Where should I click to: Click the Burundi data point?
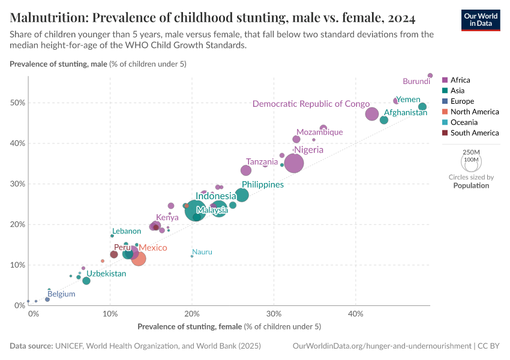tap(430, 76)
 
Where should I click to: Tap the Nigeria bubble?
tap(294, 163)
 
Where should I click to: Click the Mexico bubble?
tap(139, 259)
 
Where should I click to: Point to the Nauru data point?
tap(192, 256)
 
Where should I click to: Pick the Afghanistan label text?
tap(405, 112)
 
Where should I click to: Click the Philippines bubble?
tap(242, 195)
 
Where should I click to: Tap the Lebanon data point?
tap(112, 236)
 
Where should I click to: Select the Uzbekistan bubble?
tap(86, 281)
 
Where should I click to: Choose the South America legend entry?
tap(474, 133)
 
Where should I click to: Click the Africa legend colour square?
tap(445, 80)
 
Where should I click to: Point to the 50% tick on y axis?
tap(17, 103)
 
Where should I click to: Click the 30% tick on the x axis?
tap(274, 314)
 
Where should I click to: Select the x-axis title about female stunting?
tap(229, 327)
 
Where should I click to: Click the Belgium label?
tap(61, 294)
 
